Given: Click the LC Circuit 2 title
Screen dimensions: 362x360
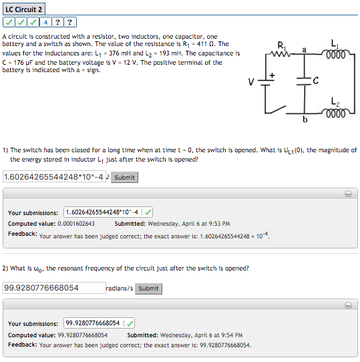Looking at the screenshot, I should point(25,9).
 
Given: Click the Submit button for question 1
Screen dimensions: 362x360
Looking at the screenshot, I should point(124,177).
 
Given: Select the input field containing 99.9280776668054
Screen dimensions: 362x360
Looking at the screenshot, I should point(53,288).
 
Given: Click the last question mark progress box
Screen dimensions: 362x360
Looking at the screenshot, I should point(72,22).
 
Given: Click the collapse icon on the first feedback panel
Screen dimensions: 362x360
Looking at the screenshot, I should point(348,195).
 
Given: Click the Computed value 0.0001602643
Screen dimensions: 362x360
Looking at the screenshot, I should point(75,224).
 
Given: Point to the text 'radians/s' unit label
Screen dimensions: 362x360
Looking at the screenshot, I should point(120,289).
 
